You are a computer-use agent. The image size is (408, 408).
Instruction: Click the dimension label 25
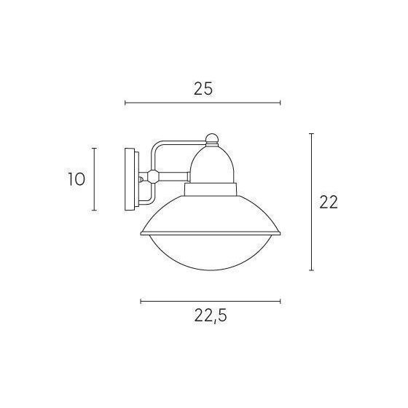coord(203,89)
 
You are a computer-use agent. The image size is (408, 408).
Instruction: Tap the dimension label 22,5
coord(211,316)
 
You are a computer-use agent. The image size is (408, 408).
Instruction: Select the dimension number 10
coord(76,179)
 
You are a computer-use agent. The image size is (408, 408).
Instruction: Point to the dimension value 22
coord(329,203)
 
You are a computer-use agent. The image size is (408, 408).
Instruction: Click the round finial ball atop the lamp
coord(212,139)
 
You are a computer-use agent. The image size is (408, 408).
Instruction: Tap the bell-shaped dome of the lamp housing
coord(212,165)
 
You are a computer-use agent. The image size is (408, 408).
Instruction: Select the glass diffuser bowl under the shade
coord(211,252)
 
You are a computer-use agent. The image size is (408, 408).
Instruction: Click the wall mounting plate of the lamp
coord(132,179)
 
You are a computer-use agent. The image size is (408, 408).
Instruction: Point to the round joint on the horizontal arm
coord(153,176)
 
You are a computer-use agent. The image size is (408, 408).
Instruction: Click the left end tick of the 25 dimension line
coord(125,103)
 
